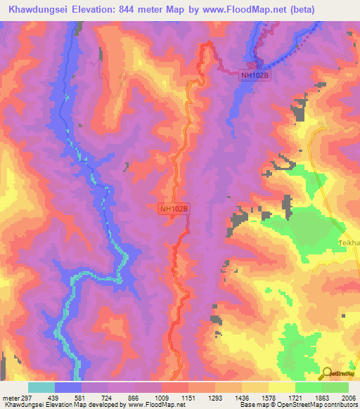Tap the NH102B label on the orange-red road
(x=174, y=209)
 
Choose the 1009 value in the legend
(x=162, y=397)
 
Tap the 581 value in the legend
(x=82, y=397)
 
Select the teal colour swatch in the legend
(x=41, y=387)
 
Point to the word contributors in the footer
(x=342, y=405)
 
